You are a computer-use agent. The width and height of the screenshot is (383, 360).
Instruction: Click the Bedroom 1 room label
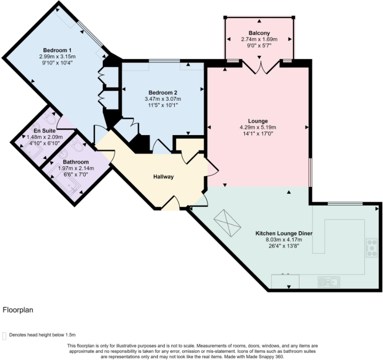click(x=57, y=50)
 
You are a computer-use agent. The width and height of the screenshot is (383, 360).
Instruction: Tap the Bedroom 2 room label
click(x=163, y=92)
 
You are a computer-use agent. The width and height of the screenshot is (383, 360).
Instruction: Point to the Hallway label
click(x=163, y=177)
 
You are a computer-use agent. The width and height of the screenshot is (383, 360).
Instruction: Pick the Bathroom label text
click(x=76, y=162)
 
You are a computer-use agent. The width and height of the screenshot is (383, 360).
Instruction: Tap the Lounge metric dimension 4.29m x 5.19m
click(x=257, y=127)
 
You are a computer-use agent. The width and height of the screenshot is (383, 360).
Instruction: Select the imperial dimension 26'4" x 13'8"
click(x=284, y=245)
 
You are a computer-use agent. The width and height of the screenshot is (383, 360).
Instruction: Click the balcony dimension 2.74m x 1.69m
click(x=259, y=39)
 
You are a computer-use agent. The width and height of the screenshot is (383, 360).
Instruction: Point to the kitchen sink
click(x=329, y=282)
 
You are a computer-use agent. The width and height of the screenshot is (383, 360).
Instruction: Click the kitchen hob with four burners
click(x=371, y=248)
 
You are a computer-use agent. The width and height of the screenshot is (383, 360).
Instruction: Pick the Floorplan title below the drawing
click(x=18, y=310)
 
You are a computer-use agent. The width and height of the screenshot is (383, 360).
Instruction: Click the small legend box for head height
click(x=5, y=335)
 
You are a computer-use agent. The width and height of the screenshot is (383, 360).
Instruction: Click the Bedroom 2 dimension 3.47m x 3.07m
click(x=163, y=99)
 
